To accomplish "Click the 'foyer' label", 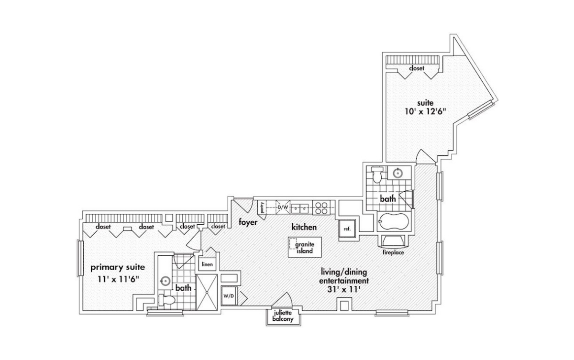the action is tap(248, 222).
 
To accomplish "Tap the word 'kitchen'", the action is tap(304, 227).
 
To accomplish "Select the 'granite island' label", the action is tap(305, 247).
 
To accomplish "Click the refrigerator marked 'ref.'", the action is tap(347, 229).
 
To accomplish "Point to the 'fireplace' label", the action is tap(393, 252).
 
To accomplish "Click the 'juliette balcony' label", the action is tap(283, 316).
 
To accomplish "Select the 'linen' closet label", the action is tap(207, 264).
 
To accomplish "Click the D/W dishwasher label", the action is tap(283, 207).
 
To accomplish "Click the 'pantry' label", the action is tap(262, 207).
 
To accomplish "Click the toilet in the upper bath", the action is tap(377, 174).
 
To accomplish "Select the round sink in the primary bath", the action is tap(166, 281).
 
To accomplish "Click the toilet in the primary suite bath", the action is tap(166, 300).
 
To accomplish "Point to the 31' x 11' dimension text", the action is tap(344, 289).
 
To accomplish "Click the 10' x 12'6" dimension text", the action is tap(426, 112).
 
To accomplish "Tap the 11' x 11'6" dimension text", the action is tap(119, 279).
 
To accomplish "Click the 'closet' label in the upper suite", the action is tap(417, 68).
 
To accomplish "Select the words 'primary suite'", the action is tap(118, 268).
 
